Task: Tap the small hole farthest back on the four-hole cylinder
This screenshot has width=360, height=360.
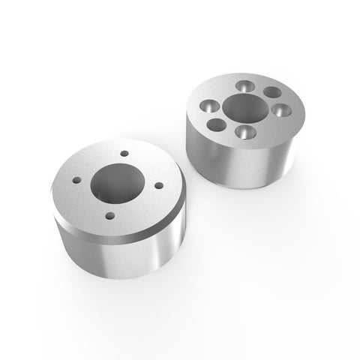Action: pos(124,156)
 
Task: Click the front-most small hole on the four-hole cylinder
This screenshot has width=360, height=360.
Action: pos(110,215)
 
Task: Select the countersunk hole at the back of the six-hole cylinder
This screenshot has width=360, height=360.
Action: pos(244,84)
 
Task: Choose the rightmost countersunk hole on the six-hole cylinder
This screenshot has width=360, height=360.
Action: pos(280,109)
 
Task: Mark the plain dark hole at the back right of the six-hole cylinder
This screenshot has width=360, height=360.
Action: pos(270,93)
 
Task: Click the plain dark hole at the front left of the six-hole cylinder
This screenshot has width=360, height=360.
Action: pos(215,124)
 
